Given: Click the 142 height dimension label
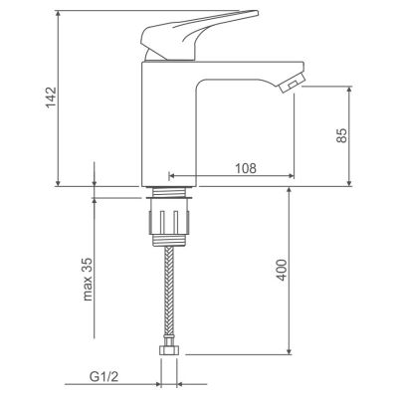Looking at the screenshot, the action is click(52, 98).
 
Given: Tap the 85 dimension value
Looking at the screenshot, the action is click(341, 135).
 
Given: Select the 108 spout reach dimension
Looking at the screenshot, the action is click(246, 168).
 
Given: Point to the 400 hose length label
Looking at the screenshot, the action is click(282, 270).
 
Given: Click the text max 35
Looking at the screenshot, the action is click(88, 279).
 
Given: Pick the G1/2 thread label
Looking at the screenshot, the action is click(103, 376).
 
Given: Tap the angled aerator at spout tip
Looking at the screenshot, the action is click(292, 84).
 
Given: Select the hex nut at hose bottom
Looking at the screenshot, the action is click(169, 348).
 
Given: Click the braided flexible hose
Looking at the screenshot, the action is click(169, 293).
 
